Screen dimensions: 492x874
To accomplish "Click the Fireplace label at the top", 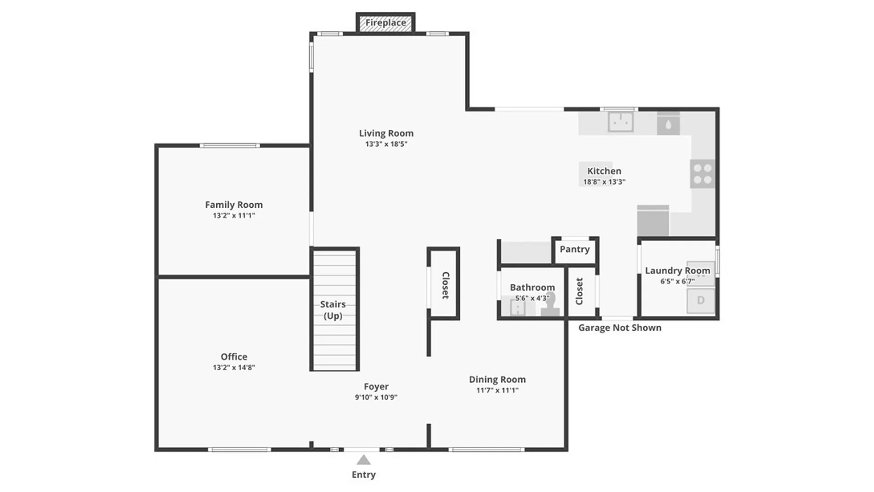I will point(386,23).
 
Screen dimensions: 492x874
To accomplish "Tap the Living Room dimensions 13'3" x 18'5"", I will point(386,144).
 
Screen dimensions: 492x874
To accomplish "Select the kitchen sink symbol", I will point(620,122).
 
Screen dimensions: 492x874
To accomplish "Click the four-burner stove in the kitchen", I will point(702,174).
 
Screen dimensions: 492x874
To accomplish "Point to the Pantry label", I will point(574,249).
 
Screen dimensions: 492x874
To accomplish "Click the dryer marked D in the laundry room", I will point(701,301).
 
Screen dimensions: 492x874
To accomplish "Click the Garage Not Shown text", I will point(620,328).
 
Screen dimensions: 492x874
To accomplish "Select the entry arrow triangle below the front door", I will point(363,460).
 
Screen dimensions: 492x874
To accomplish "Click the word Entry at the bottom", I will point(363,475).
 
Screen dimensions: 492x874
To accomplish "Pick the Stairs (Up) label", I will point(333,310).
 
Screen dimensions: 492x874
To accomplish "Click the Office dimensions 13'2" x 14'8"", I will point(234,368).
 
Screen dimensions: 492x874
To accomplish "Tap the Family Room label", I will point(234,205).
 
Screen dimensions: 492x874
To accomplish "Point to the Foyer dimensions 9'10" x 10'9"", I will point(376,397).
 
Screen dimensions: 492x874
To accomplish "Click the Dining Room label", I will point(497,379).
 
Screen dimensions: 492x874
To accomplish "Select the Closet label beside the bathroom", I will point(579,292).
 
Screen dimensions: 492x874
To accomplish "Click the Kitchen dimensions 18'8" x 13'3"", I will point(604,182).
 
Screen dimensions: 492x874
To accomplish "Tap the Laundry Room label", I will point(677,271).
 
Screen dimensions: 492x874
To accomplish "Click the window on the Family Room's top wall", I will point(230,145).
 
